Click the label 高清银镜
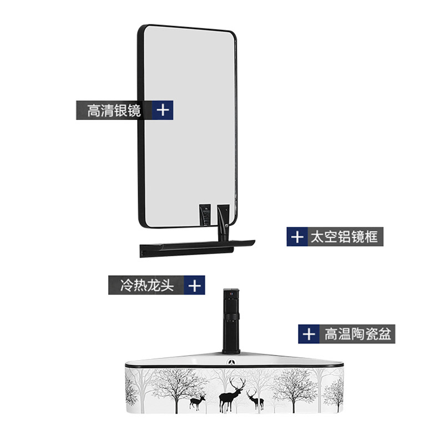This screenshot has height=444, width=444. pyautogui.click(x=114, y=110)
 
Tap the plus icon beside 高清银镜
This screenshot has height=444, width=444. pyautogui.click(x=162, y=110)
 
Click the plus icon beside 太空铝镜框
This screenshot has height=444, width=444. pyautogui.click(x=297, y=238)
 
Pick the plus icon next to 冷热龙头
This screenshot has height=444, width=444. pyautogui.click(x=194, y=286)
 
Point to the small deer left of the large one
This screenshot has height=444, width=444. pyautogui.click(x=198, y=401)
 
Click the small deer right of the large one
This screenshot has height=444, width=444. pyautogui.click(x=255, y=399)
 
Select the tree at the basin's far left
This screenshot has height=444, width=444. pyautogui.click(x=132, y=389)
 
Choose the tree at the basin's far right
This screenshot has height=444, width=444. pyautogui.click(x=334, y=391)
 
